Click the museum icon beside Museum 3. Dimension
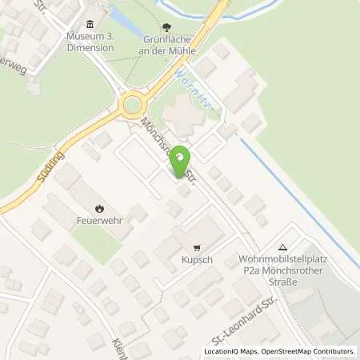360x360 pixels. pos(89,24)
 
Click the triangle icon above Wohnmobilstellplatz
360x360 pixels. pos(282,247)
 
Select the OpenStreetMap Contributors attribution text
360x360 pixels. pos(309,352)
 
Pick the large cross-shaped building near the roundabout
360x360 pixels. pos(182,114)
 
